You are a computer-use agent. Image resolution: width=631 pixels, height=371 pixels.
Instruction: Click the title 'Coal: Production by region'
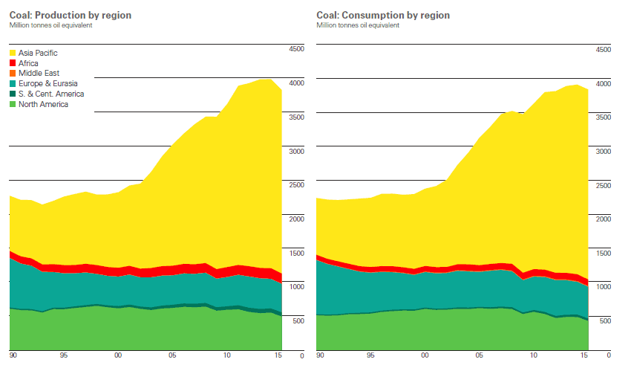(x=71, y=15)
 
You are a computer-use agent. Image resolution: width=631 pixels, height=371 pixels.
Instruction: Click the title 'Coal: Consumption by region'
(x=383, y=15)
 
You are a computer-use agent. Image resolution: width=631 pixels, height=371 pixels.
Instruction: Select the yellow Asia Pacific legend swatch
(x=13, y=53)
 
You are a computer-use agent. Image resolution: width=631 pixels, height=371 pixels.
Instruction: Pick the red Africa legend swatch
(x=13, y=63)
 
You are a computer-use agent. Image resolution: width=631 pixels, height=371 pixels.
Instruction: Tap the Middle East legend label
(x=39, y=74)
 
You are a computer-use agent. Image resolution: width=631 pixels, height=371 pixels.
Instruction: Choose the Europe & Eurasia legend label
(x=48, y=84)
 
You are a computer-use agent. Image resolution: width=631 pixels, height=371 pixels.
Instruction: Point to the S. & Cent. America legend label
(x=51, y=94)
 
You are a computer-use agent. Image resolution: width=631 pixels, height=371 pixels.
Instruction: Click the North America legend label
(x=43, y=105)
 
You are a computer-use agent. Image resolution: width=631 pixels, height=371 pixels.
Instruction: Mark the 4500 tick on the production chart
(x=295, y=49)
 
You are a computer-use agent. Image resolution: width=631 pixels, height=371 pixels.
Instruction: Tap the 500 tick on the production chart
(x=297, y=321)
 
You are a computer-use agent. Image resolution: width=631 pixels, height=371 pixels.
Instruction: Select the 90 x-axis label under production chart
(x=13, y=355)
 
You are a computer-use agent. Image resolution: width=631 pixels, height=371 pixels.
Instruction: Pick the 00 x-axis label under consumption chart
(x=425, y=355)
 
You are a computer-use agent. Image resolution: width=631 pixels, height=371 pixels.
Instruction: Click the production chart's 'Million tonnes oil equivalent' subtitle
(x=51, y=25)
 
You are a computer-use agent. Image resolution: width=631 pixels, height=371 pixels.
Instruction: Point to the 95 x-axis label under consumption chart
(x=371, y=355)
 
